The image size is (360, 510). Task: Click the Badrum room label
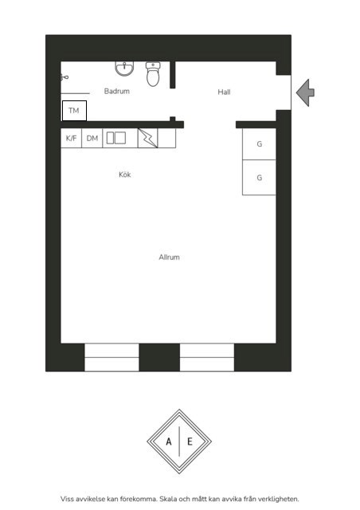[x=117, y=91]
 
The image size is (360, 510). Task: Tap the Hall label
[x=224, y=92]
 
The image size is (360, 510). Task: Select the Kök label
[x=125, y=175]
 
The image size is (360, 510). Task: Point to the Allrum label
[x=169, y=257]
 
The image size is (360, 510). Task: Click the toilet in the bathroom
[x=153, y=74]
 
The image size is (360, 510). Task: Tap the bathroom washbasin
[x=124, y=69]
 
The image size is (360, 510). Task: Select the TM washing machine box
[x=75, y=111]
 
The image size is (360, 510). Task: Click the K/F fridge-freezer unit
[x=71, y=138]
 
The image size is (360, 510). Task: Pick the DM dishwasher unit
[x=92, y=138]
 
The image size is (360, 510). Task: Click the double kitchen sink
[x=116, y=138]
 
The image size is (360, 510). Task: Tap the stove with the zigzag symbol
[x=148, y=138]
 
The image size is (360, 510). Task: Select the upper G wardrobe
[x=259, y=143]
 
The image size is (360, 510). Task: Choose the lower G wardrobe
[x=259, y=178]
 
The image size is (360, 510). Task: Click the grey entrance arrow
[x=305, y=92]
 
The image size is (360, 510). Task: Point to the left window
[x=112, y=357]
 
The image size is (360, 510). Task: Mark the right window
[x=207, y=357]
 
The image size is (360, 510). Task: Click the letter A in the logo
[x=169, y=441]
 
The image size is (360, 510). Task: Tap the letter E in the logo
[x=190, y=441]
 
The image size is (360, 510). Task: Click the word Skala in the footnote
[x=168, y=499]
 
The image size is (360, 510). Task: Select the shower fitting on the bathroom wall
[x=64, y=77]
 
